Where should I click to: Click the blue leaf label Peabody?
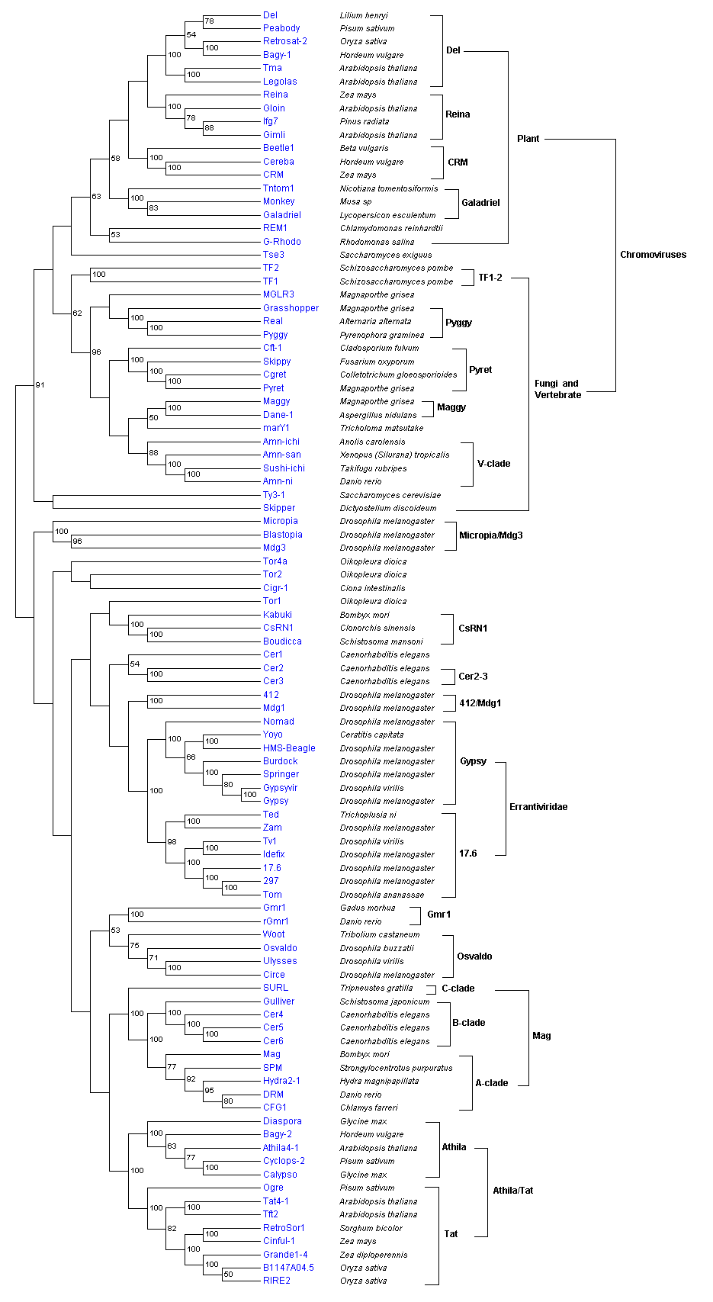click(281, 28)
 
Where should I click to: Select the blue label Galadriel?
click(282, 215)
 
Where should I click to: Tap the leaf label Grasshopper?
click(291, 308)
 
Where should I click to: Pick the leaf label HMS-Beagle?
click(289, 748)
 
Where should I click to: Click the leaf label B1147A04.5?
click(288, 1268)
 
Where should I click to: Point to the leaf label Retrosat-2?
click(285, 41)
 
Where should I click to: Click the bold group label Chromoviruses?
click(653, 255)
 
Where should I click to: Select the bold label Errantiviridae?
click(538, 807)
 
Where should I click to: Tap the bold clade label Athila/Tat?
click(512, 1191)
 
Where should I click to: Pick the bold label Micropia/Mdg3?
click(490, 535)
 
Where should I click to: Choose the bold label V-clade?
click(493, 464)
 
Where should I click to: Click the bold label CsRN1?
click(473, 628)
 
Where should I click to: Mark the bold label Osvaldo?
click(474, 956)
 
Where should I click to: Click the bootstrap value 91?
click(40, 385)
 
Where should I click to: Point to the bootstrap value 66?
click(191, 757)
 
